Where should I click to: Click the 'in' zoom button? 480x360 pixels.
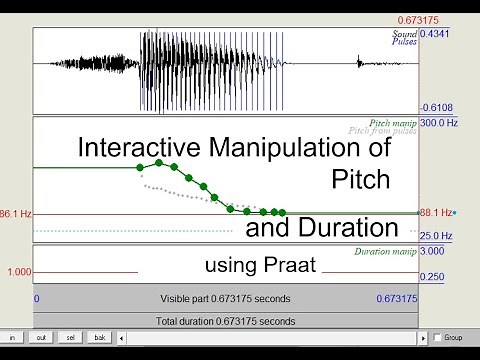[11, 338]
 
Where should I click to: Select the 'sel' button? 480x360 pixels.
[69, 338]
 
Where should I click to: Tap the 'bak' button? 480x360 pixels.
[99, 338]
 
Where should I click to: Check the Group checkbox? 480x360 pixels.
[437, 338]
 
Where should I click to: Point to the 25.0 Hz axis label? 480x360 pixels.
[435, 236]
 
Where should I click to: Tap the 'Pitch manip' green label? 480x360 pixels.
[393, 122]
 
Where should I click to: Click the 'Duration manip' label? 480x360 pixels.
[385, 251]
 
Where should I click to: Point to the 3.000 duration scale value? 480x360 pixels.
[432, 251]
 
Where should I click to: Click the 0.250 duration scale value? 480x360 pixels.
[432, 277]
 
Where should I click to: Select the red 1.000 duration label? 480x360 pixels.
[18, 272]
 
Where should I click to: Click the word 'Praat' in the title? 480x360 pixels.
[291, 266]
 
